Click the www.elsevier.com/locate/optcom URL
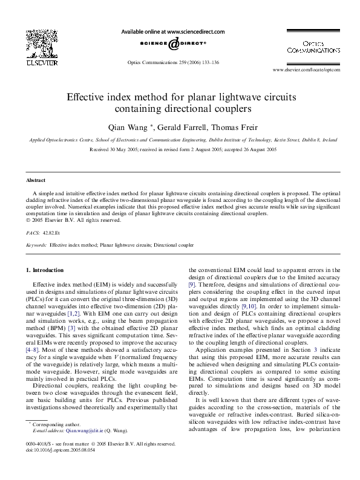point(306,70)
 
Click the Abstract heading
point(36,181)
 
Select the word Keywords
point(36,245)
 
